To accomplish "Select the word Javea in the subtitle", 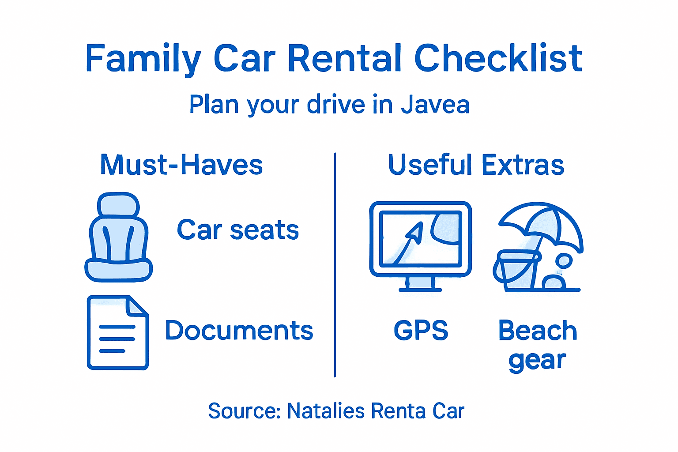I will coord(435,105).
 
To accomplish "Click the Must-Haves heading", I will coord(181,165).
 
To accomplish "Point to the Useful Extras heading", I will coord(476,165).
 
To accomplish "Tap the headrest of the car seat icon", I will coord(118,204).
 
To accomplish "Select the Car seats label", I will coord(238,230).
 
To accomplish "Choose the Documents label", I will coord(239,331).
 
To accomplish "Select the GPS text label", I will coord(421,331).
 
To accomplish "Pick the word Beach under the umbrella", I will coord(537,331).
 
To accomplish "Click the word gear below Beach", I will coord(537,361).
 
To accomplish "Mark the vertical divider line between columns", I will coord(335,265).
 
